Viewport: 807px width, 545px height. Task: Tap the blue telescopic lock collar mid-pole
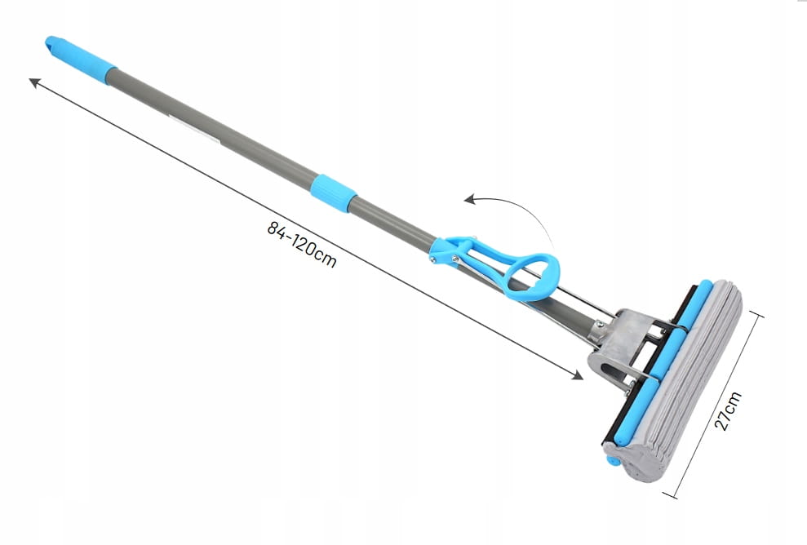point(334,193)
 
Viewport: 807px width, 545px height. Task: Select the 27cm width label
point(728,410)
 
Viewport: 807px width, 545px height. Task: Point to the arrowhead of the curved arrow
point(469,199)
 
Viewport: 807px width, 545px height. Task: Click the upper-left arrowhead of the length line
point(34,82)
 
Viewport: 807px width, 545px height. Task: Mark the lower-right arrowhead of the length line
point(578,375)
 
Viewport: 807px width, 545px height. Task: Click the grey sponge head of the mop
point(685,381)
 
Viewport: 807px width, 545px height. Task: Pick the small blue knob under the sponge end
point(613,460)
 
